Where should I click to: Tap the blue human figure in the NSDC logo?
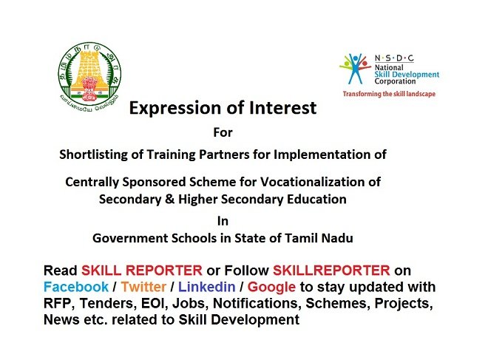[x=355, y=69]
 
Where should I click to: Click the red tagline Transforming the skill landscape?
[x=389, y=94]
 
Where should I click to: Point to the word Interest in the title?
[x=282, y=108]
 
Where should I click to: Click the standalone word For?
[x=223, y=132]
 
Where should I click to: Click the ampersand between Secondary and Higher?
[x=169, y=199]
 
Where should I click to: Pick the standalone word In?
[x=223, y=221]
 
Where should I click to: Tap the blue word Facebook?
[x=76, y=287]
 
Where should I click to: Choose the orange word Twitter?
[x=143, y=287]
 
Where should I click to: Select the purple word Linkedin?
[x=206, y=287]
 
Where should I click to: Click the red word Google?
[x=271, y=288]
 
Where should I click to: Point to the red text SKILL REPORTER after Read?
[x=142, y=271]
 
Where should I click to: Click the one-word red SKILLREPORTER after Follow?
[x=331, y=271]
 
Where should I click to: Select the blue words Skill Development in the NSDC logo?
[x=407, y=75]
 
